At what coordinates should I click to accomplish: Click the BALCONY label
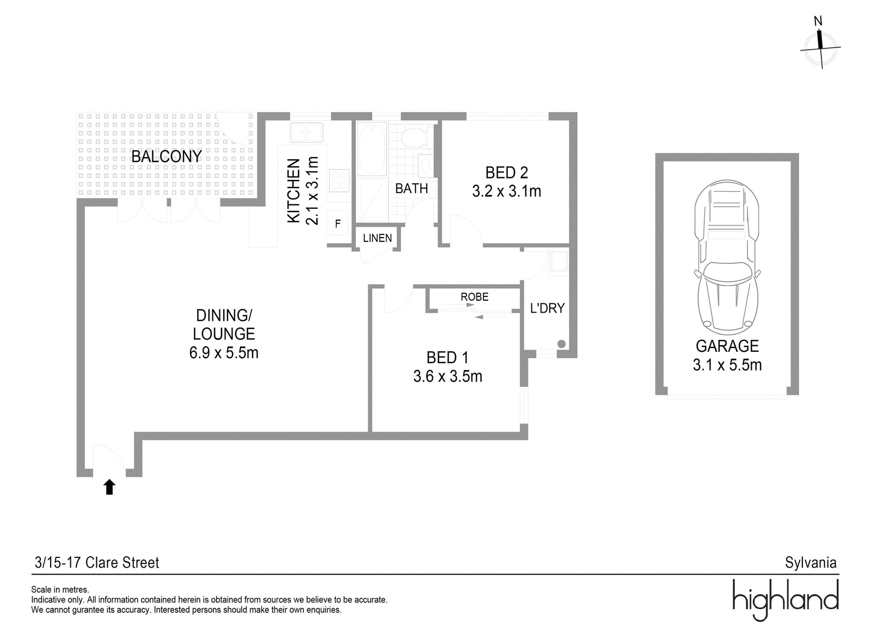167,157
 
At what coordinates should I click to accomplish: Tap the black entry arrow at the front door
109,487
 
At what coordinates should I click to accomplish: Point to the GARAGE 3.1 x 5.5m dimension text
727,365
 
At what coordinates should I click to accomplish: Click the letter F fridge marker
338,223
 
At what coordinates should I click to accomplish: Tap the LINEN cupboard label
377,238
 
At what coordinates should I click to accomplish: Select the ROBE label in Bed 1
474,297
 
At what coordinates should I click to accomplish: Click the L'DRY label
547,308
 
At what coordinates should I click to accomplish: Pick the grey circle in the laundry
561,344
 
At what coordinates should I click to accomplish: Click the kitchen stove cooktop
339,181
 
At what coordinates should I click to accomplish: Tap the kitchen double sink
306,132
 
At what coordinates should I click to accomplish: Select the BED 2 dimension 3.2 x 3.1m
507,191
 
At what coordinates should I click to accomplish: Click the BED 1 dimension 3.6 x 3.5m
447,376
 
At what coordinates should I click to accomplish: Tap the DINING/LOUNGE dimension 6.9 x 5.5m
224,353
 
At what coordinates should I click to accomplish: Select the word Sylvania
811,562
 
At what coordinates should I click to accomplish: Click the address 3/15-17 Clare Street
97,562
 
